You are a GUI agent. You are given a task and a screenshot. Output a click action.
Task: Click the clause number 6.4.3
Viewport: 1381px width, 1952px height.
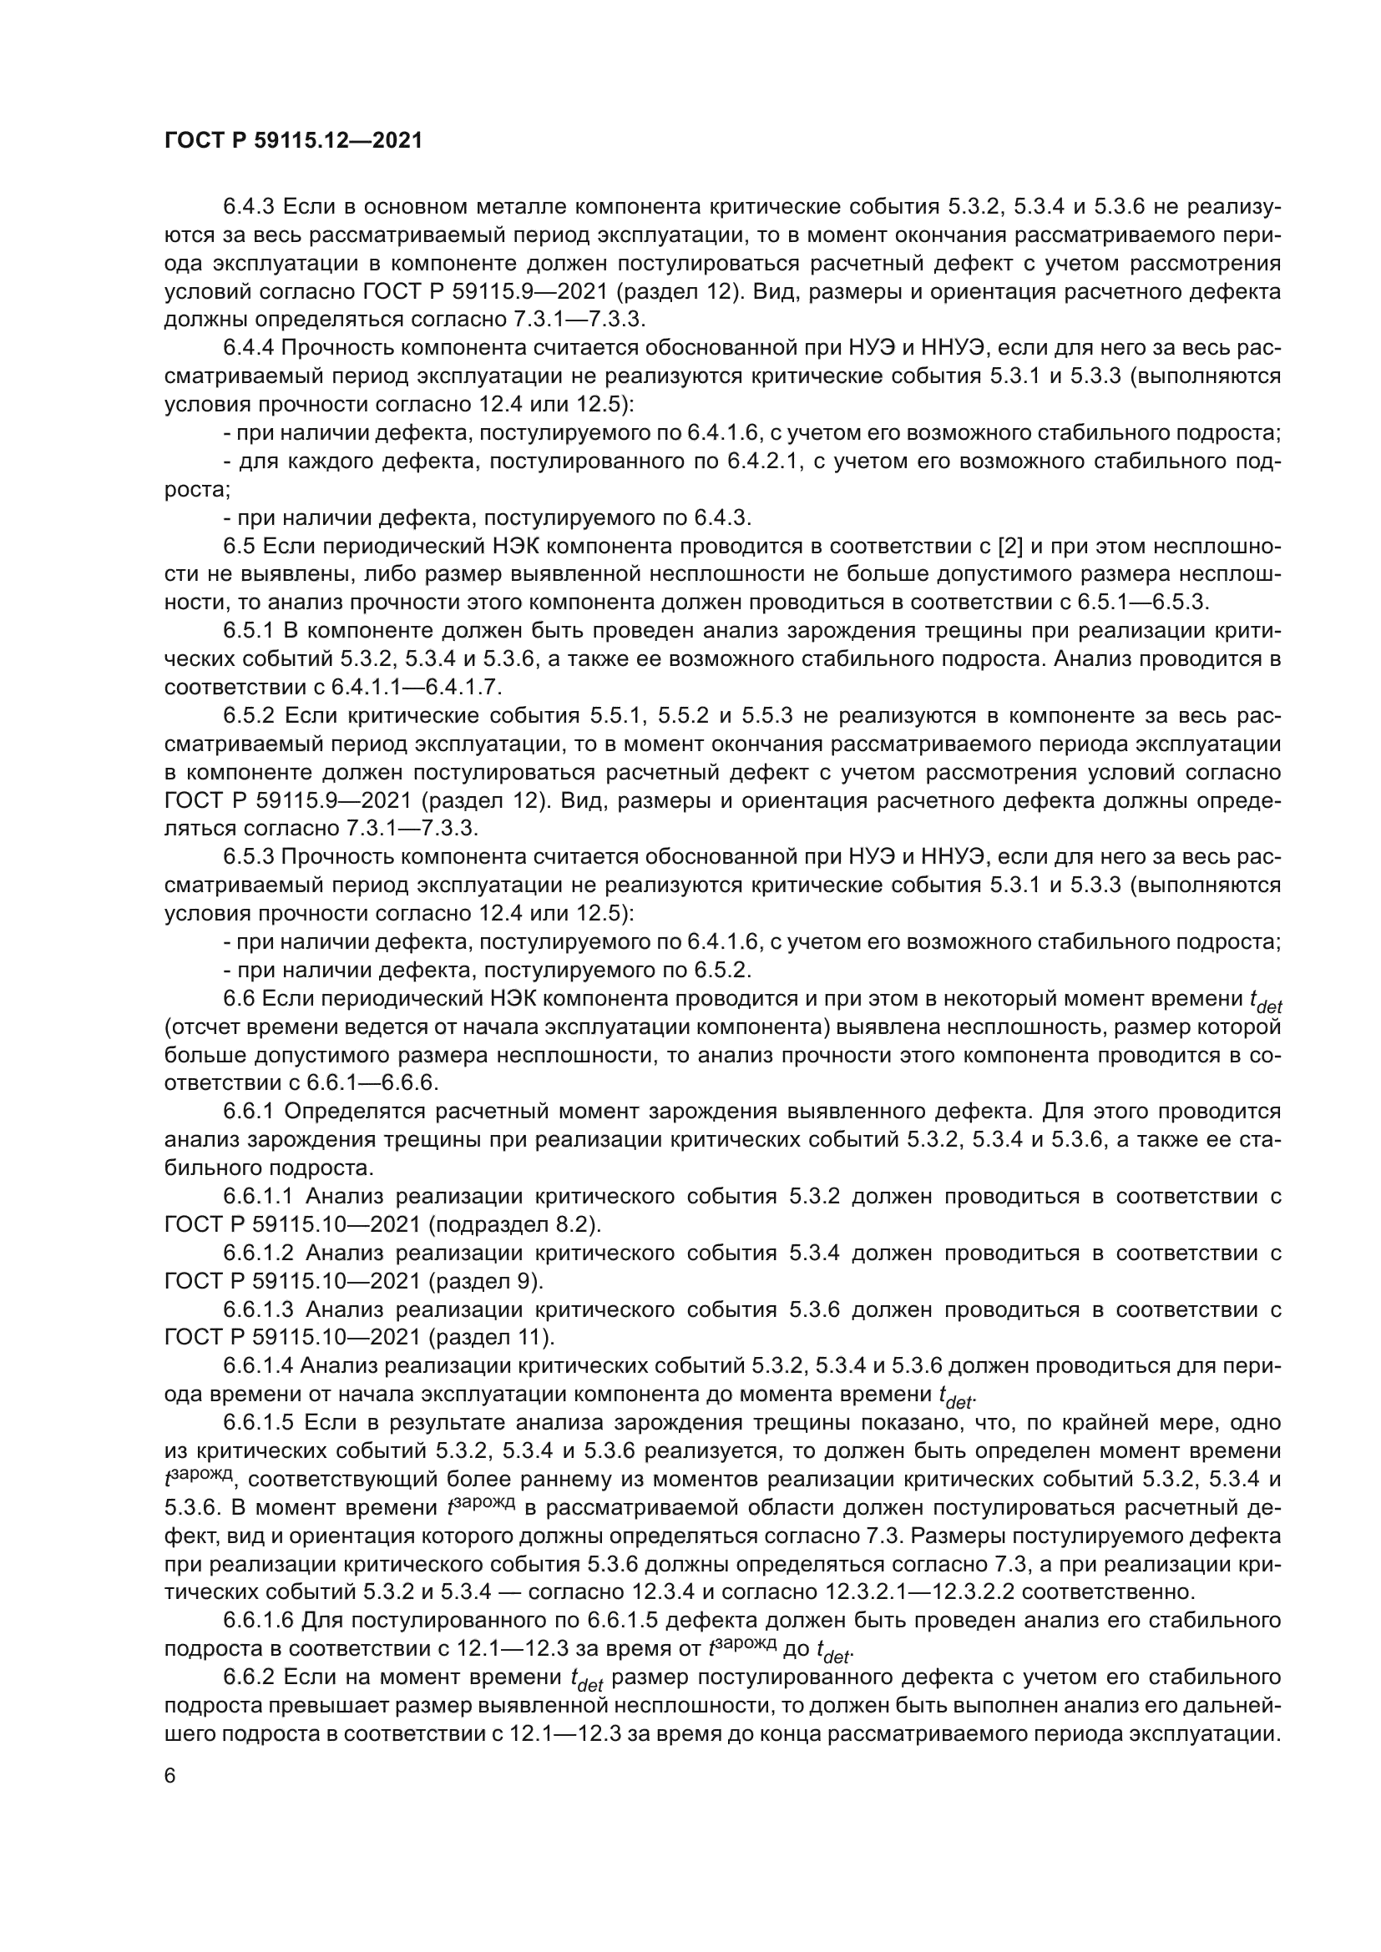click(x=249, y=207)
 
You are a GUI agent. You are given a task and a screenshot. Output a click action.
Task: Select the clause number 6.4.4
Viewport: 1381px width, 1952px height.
click(x=249, y=348)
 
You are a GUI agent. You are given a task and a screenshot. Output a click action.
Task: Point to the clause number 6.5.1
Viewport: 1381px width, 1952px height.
click(x=249, y=631)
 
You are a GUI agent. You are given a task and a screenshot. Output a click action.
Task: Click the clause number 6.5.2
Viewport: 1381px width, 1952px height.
click(x=250, y=716)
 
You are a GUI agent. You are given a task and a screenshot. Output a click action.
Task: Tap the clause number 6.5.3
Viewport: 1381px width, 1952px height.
click(x=249, y=857)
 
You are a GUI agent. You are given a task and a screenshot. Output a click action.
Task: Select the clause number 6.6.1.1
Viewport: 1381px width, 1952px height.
click(x=259, y=1196)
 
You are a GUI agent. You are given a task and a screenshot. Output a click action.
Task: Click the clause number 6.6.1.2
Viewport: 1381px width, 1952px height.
click(x=259, y=1253)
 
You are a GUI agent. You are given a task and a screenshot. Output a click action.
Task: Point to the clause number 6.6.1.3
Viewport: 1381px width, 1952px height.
click(x=259, y=1309)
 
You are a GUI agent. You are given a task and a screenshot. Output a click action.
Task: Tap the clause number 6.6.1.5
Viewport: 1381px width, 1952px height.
click(x=259, y=1422)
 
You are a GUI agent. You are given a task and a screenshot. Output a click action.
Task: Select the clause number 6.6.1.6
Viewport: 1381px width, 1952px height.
click(x=259, y=1621)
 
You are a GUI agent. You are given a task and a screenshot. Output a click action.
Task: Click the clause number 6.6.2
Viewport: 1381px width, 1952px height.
click(x=249, y=1677)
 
